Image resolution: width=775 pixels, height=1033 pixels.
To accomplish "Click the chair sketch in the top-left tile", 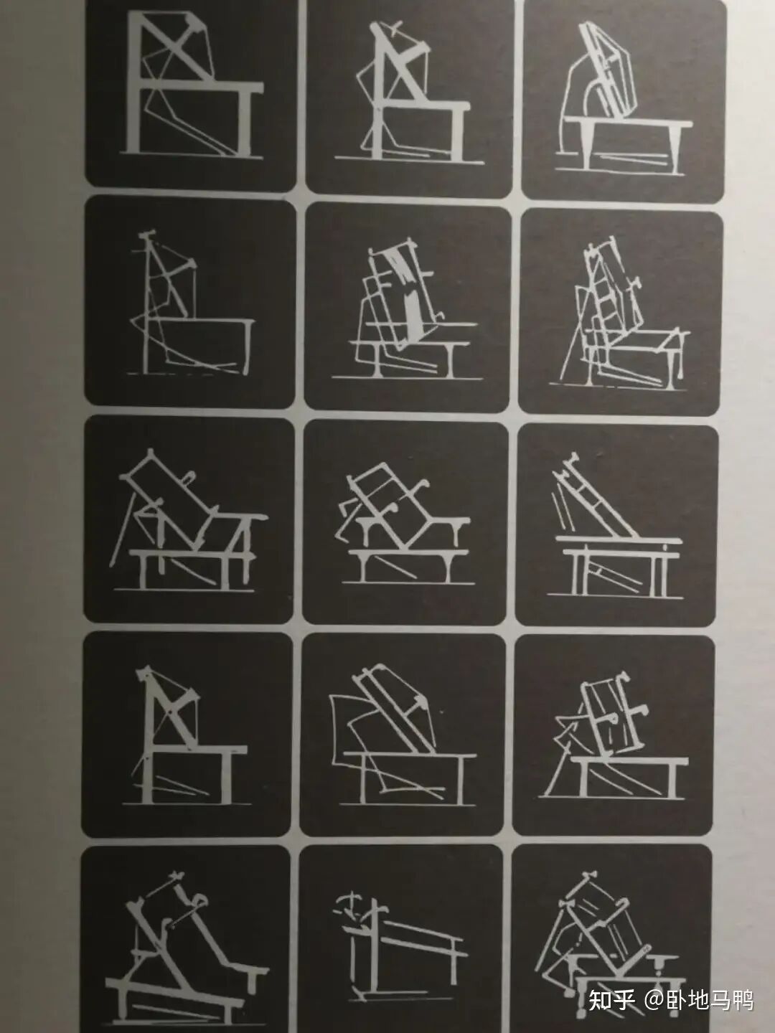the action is (192, 85).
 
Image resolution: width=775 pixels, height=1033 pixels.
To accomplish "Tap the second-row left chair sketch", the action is (191, 303).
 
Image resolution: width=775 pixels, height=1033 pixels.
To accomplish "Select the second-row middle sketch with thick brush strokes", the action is (405, 310).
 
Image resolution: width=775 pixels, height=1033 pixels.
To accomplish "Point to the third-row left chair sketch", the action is (188, 521).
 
